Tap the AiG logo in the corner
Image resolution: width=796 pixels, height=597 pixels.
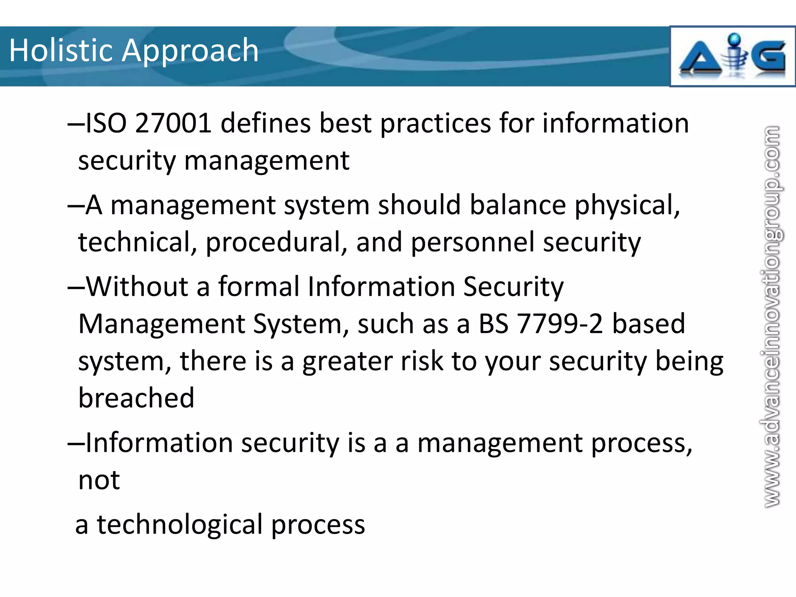click(x=732, y=57)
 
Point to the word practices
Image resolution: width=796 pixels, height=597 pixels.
click(x=435, y=124)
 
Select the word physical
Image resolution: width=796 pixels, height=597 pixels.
click(x=627, y=206)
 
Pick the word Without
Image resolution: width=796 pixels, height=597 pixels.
click(x=137, y=286)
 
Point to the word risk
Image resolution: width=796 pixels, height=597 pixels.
click(x=421, y=361)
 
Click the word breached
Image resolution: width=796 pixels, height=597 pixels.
click(x=136, y=398)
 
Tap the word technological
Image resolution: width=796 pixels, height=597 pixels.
click(x=180, y=524)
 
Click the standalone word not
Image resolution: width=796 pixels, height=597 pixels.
click(x=99, y=480)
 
